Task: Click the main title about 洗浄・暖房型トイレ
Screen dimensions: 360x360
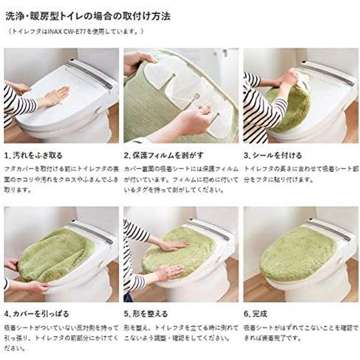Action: tap(88, 17)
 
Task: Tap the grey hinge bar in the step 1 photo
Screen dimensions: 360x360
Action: tap(90, 74)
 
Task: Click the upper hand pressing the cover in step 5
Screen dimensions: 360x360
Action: tap(173, 245)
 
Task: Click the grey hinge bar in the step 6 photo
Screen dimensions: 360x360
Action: tap(328, 230)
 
